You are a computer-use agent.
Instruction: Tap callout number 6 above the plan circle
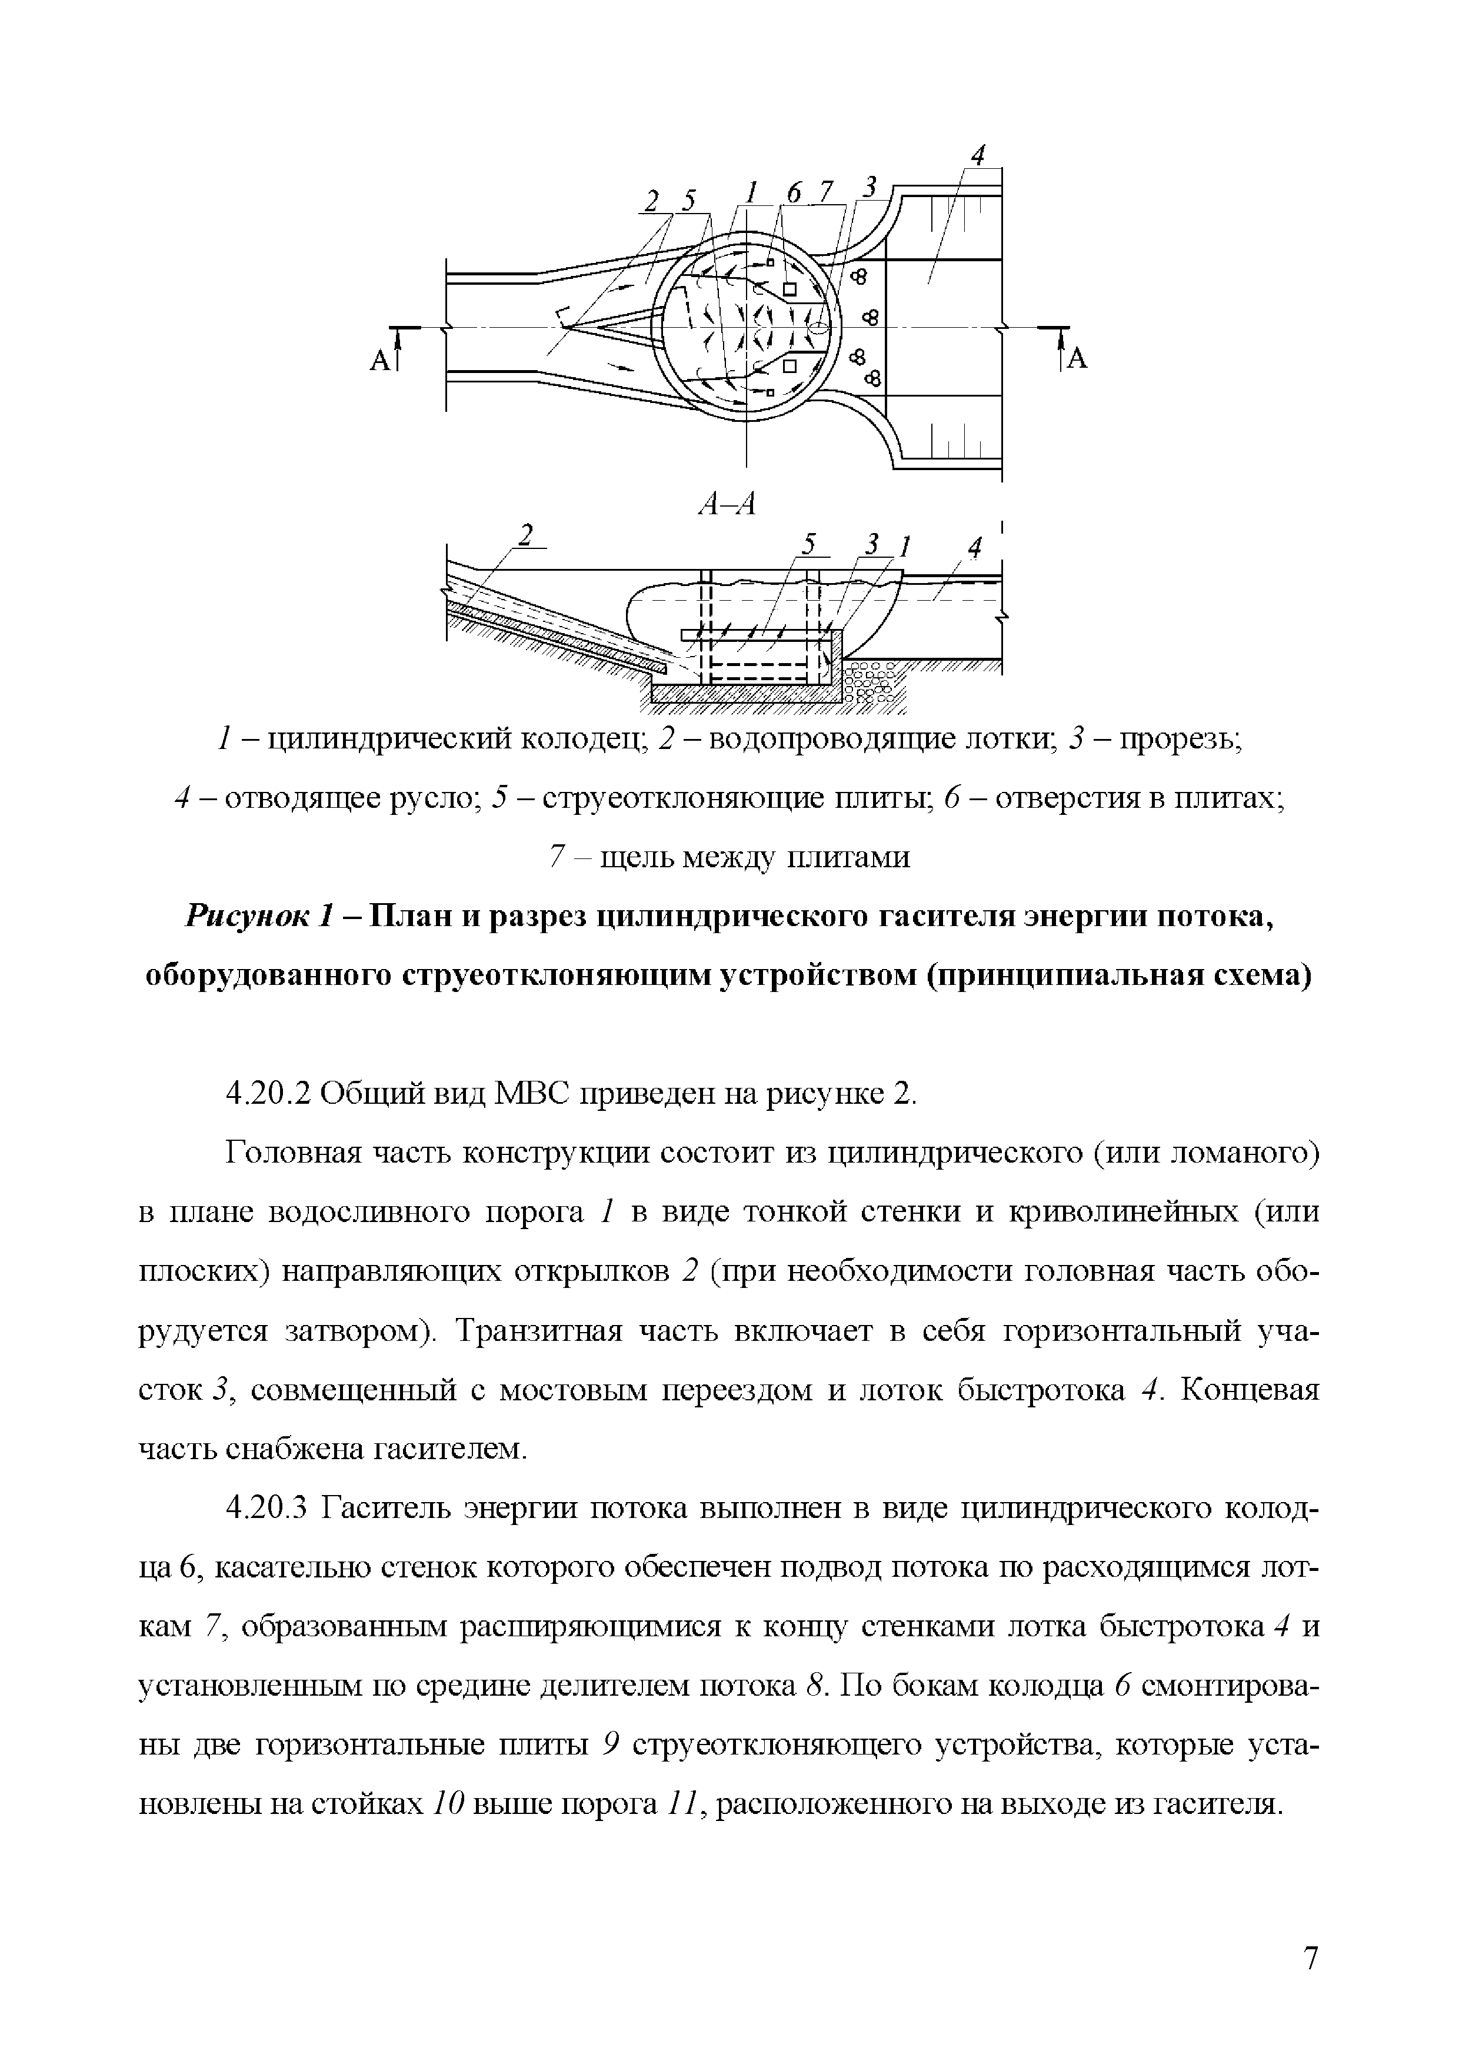pos(793,193)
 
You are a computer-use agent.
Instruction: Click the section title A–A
pos(727,505)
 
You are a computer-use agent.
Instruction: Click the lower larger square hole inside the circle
pos(790,365)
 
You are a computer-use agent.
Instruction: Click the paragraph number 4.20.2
pos(267,1093)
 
